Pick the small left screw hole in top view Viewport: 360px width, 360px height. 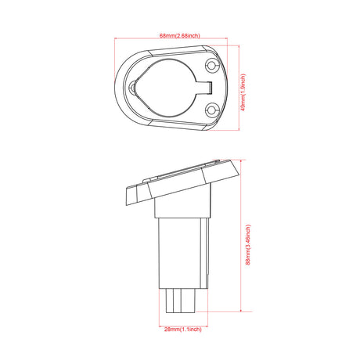coord(139,87)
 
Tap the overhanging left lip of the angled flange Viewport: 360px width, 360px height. coord(128,196)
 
